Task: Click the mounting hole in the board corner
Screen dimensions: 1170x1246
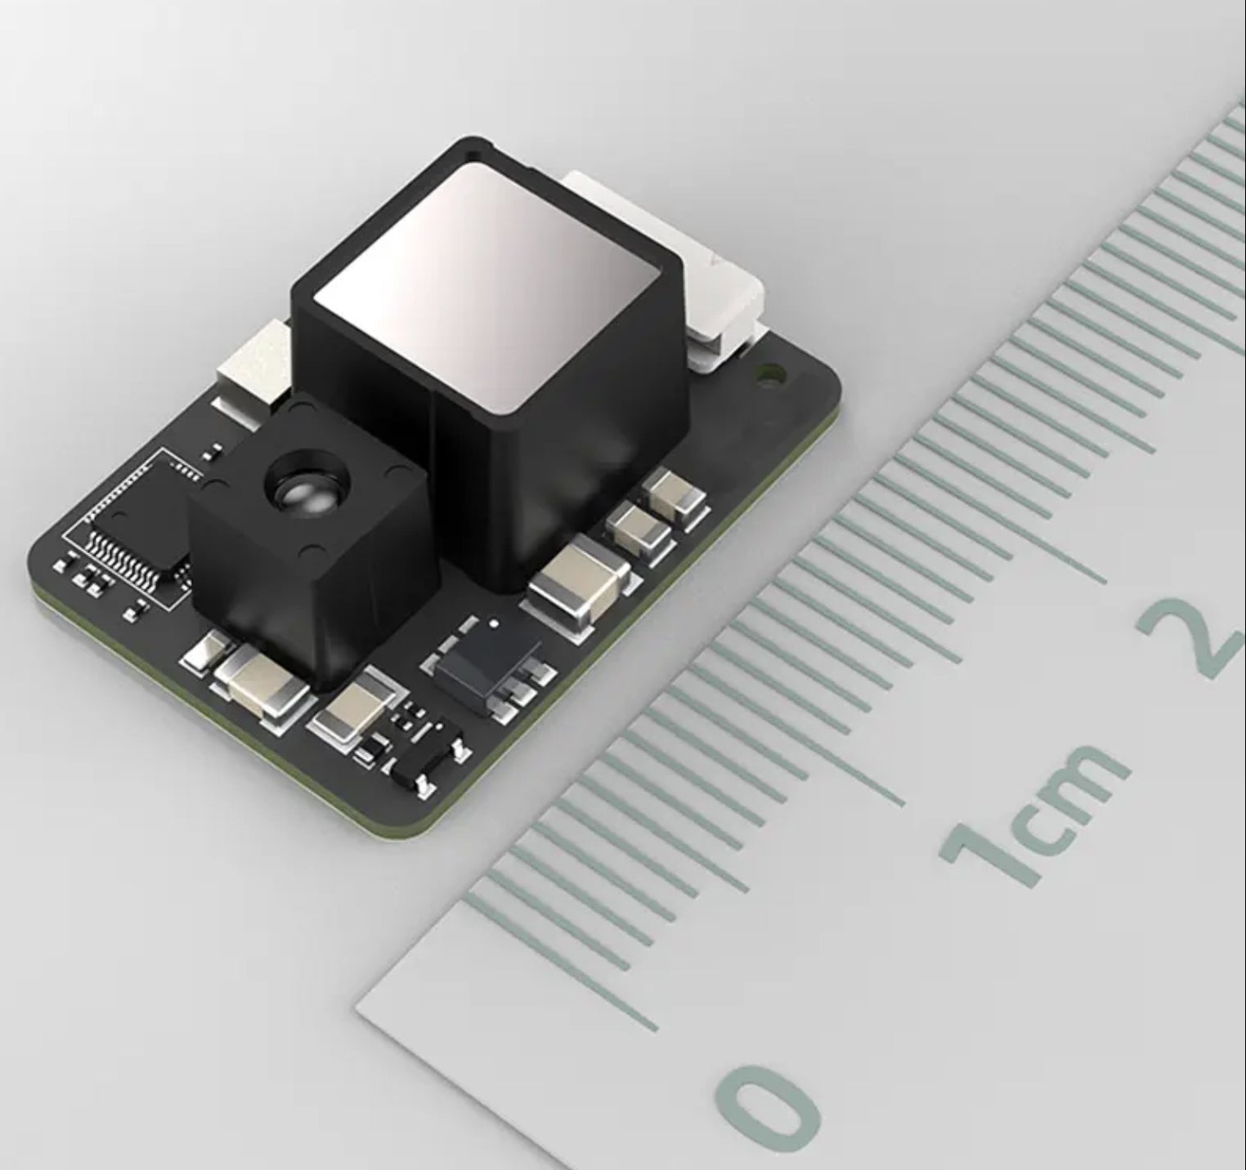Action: coord(768,376)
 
